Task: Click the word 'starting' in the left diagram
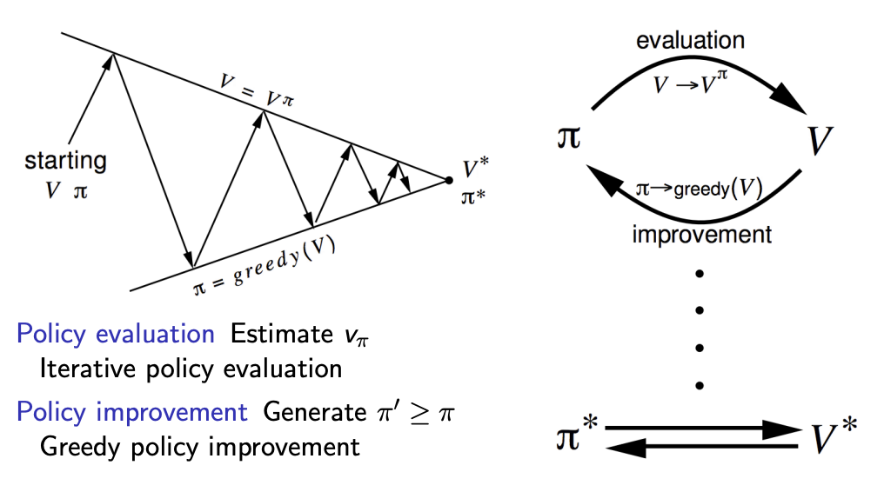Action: (65, 161)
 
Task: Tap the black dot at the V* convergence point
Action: (448, 180)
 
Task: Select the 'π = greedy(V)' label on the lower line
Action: (265, 264)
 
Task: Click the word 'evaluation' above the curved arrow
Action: (690, 40)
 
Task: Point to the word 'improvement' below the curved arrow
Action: (701, 235)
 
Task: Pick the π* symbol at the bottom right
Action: (577, 437)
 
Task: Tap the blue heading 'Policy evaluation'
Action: (115, 334)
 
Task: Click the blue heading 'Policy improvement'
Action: (131, 412)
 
